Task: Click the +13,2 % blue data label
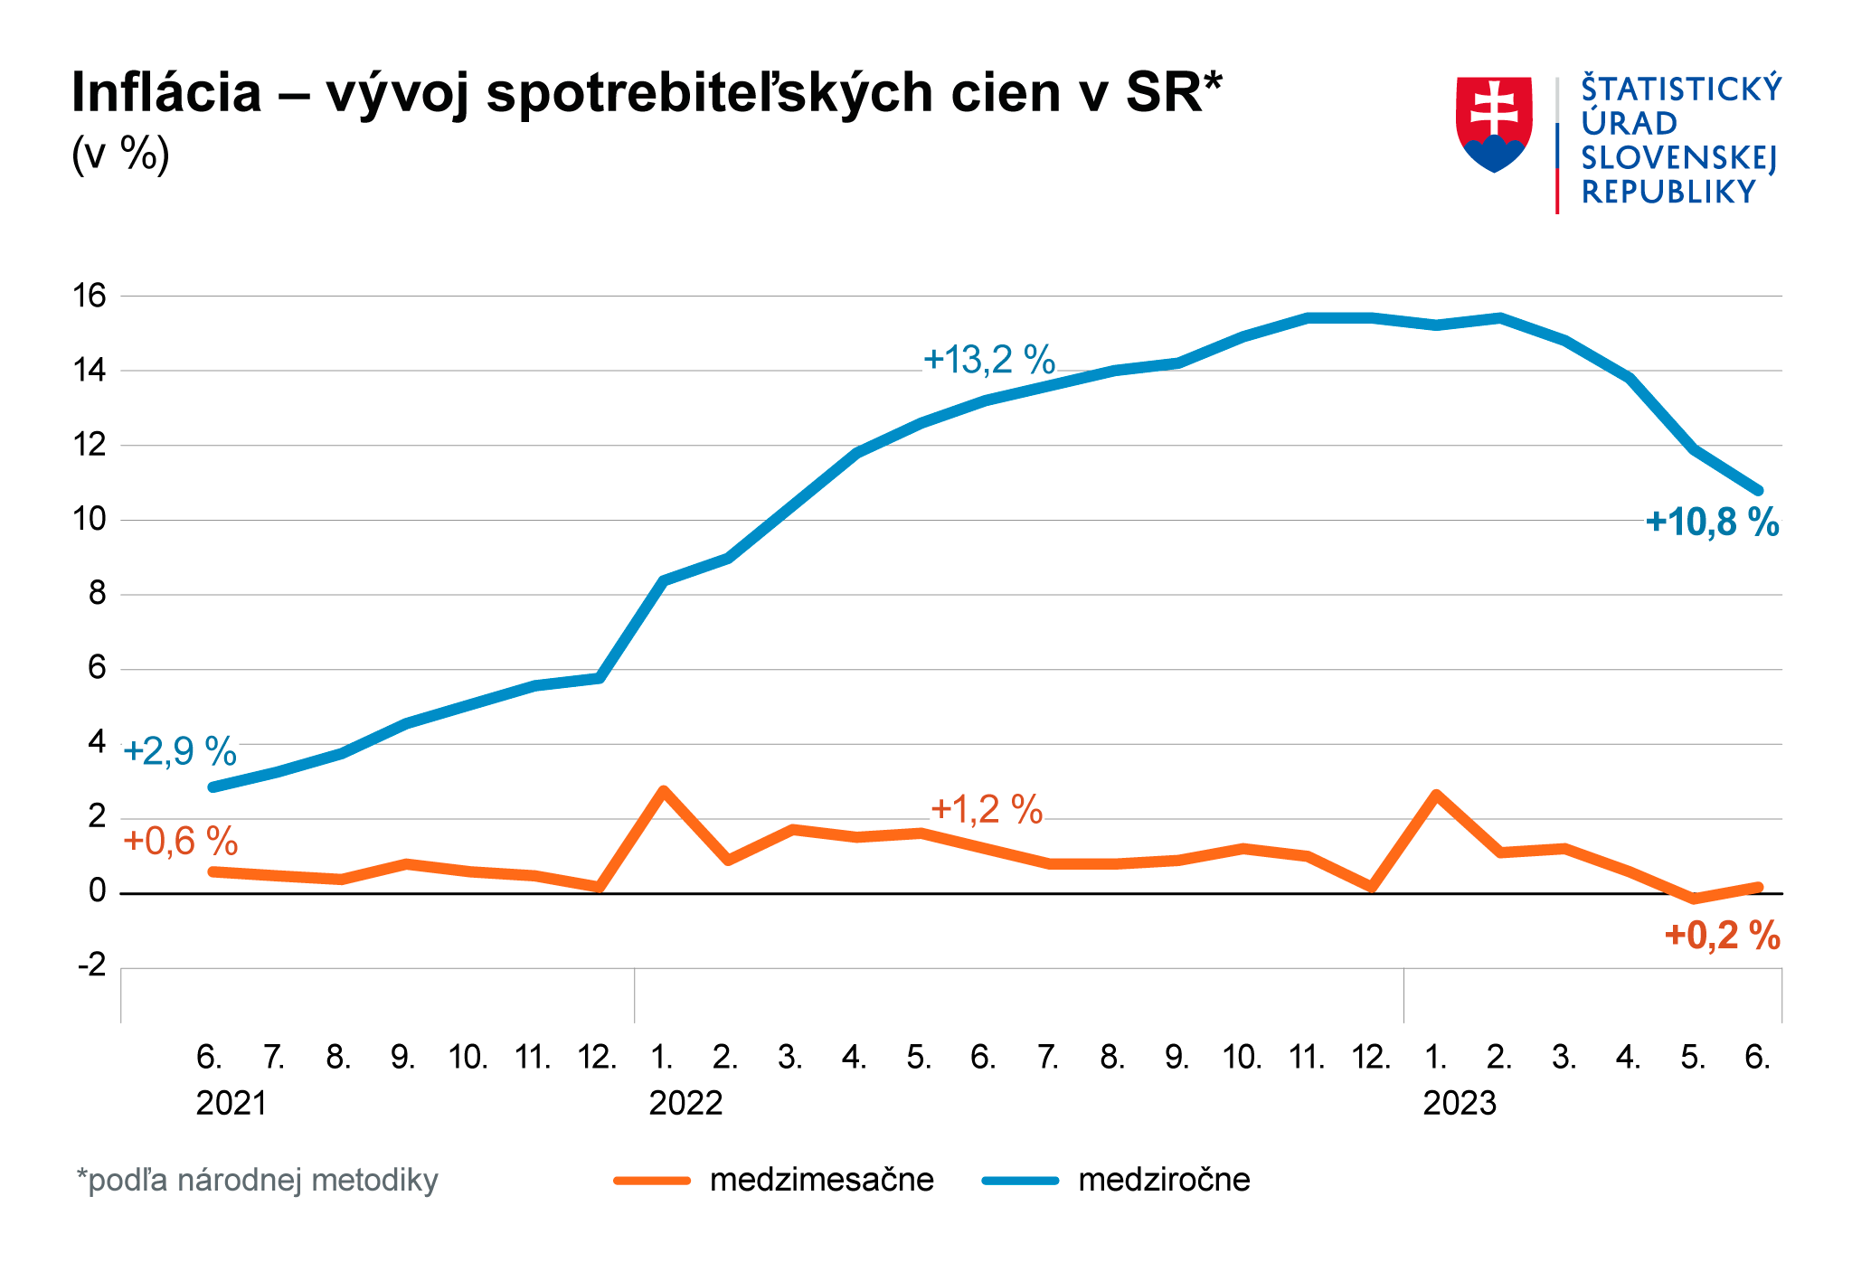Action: click(988, 360)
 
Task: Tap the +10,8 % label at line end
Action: click(1712, 523)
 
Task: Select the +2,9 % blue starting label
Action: click(179, 751)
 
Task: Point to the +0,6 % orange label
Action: click(180, 842)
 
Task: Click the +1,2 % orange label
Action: click(986, 809)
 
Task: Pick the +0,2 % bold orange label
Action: click(1722, 936)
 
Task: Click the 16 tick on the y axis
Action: click(90, 296)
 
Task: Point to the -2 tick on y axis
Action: click(91, 966)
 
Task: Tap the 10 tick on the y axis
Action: click(90, 520)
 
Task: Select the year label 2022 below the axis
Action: click(685, 1104)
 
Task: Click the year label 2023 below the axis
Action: click(1460, 1104)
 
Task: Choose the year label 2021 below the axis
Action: click(231, 1104)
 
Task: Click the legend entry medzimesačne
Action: click(821, 1180)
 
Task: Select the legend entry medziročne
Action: click(1164, 1180)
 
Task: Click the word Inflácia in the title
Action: click(166, 92)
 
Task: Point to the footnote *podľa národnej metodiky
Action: click(258, 1180)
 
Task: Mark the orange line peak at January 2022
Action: click(663, 791)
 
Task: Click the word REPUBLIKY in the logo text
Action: click(1668, 193)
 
